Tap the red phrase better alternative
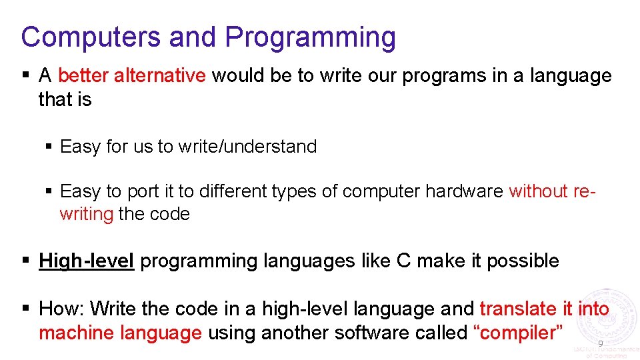pos(132,76)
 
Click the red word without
pos(538,191)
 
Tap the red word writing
pos(86,214)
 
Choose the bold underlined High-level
pos(87,261)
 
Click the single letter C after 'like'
pos(403,261)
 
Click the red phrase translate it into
pos(544,309)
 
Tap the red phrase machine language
pos(120,332)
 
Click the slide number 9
pos(600,343)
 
